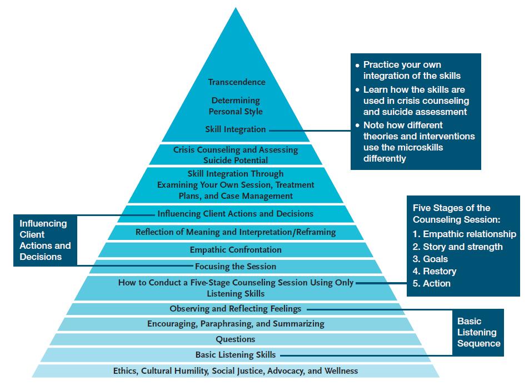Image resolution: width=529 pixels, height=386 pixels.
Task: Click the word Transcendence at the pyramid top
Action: coord(237,82)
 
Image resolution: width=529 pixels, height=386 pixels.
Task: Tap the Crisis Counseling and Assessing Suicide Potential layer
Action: coord(236,155)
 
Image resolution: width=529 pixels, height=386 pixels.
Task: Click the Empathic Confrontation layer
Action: coord(236,250)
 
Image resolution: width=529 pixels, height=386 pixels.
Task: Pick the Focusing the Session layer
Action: coord(236,267)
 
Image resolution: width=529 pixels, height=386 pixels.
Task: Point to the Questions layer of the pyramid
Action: coord(236,339)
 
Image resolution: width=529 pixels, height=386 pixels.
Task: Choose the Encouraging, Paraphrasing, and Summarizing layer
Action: coord(236,324)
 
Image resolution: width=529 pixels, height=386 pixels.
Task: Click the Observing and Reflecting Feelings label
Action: coord(236,309)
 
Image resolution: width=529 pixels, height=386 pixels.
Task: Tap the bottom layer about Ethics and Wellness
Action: coord(236,370)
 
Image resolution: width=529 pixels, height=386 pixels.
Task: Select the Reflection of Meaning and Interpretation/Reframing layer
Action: coord(236,232)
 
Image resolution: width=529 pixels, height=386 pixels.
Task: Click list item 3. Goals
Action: coord(430,259)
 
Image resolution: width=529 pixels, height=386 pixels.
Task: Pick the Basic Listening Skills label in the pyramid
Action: coord(236,355)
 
